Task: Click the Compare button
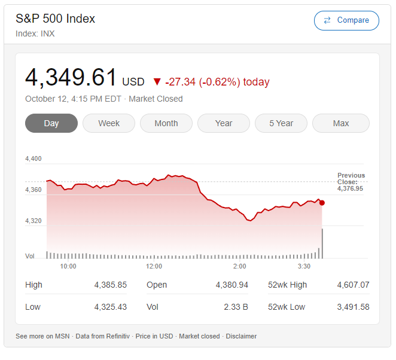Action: [x=346, y=20]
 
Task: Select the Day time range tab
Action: [x=51, y=123]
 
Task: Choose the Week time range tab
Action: [x=109, y=123]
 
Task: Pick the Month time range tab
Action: [x=166, y=123]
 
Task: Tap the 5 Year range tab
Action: [x=281, y=123]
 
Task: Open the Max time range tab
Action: [x=341, y=123]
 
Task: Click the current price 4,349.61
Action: [x=71, y=78]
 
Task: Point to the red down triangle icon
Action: [x=157, y=82]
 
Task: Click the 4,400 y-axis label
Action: [x=33, y=158]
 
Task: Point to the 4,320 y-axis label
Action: [x=33, y=221]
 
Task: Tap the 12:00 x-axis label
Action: [x=154, y=266]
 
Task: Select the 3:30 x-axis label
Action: [x=304, y=266]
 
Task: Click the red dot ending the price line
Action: [x=322, y=203]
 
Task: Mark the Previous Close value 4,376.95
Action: [x=350, y=188]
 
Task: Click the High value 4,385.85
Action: [x=111, y=285]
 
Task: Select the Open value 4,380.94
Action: [x=232, y=285]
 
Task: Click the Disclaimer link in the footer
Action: [x=242, y=336]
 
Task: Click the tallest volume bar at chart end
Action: [x=322, y=243]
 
